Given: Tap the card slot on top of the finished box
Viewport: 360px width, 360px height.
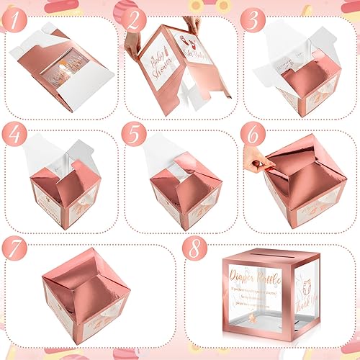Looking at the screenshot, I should click(x=274, y=255).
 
